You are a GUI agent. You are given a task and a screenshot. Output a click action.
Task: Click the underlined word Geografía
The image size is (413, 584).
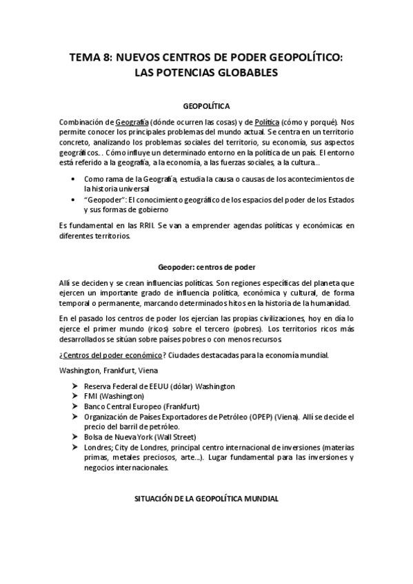coord(133,121)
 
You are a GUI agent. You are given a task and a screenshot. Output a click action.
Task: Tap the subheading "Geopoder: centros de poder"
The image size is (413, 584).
coord(206,268)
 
